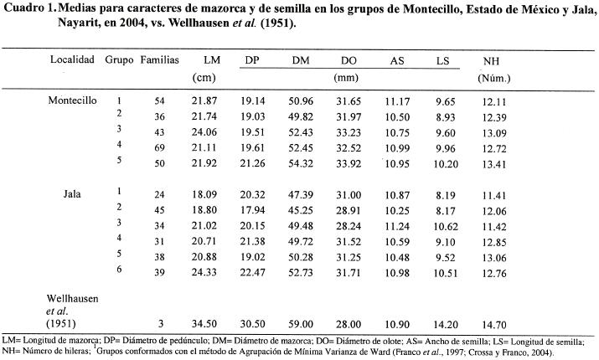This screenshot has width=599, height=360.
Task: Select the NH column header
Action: (493, 62)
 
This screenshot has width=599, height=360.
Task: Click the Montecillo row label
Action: (74, 100)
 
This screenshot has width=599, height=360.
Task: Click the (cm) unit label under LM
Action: (204, 78)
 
